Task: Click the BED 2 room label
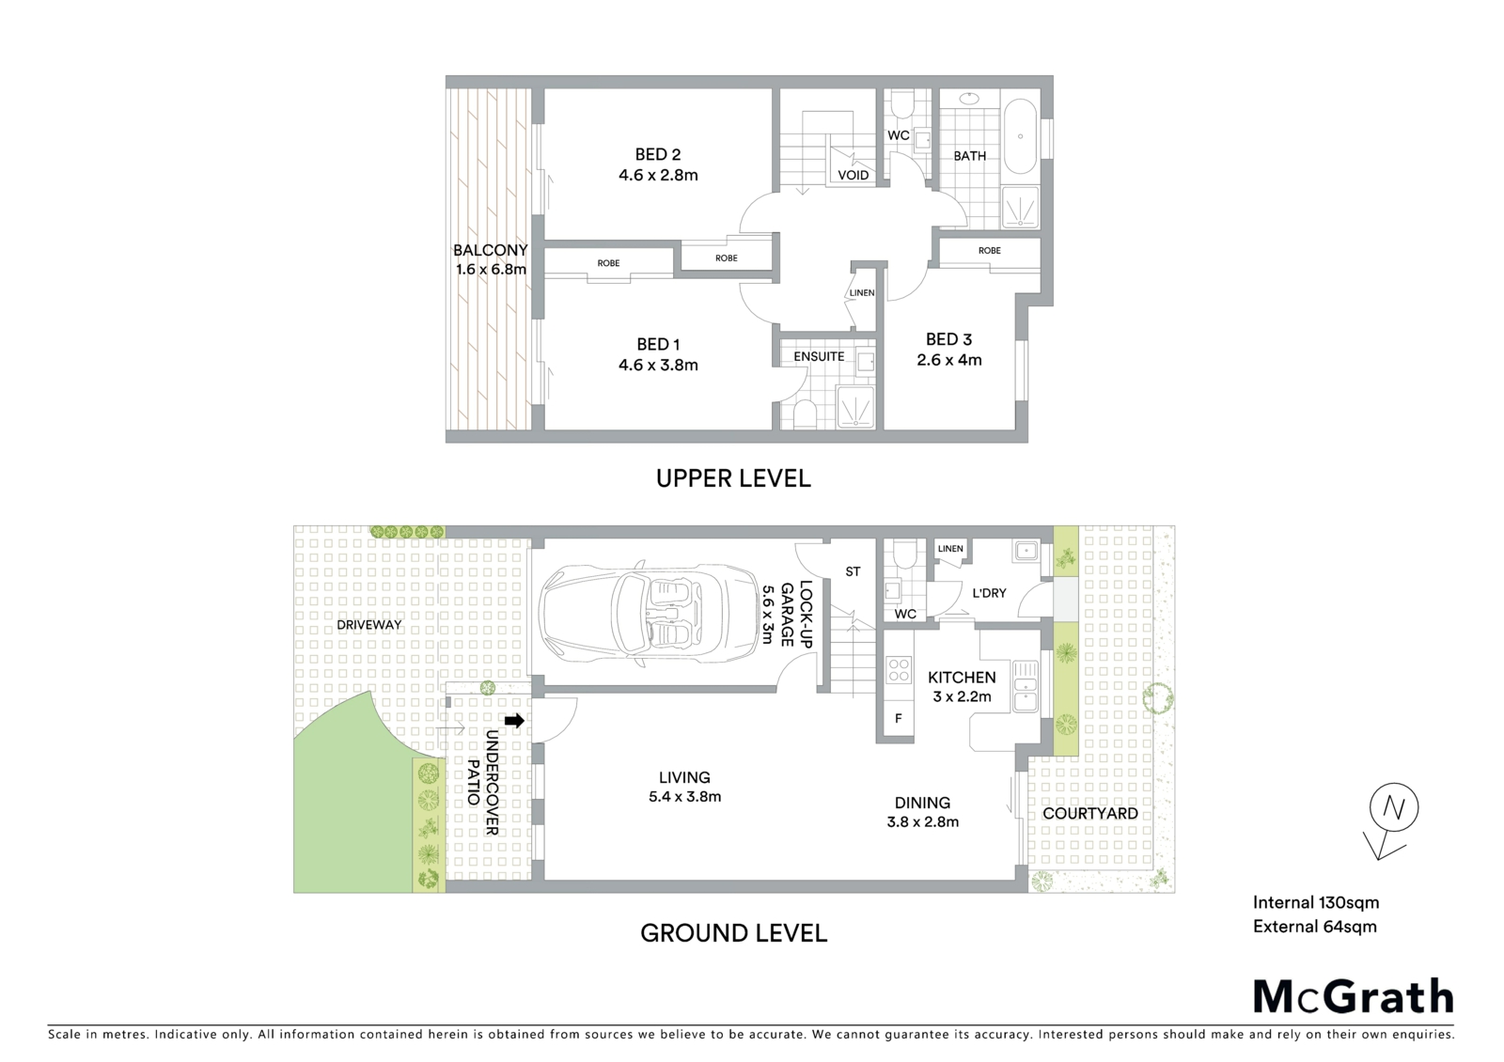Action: point(658,154)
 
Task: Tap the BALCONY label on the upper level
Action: point(490,250)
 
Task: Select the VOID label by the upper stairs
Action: point(854,175)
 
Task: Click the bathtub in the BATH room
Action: point(1020,136)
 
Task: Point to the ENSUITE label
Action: point(819,356)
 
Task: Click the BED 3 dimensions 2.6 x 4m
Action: point(949,360)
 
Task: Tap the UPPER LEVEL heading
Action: point(733,478)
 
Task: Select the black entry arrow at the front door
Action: point(514,720)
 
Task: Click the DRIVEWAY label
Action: point(369,624)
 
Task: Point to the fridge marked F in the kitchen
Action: point(899,719)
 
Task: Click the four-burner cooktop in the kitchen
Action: point(899,669)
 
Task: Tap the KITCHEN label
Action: point(962,678)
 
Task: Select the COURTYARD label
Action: point(1089,814)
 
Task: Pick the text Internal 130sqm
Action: point(1316,902)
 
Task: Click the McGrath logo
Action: point(1353,996)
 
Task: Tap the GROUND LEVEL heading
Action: point(733,933)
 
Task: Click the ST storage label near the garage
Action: point(853,572)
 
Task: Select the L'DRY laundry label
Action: point(989,593)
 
